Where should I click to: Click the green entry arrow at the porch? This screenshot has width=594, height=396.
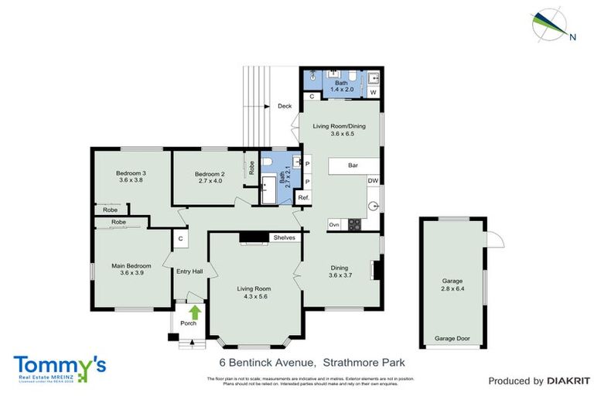(195, 312)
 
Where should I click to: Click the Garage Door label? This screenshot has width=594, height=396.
(452, 339)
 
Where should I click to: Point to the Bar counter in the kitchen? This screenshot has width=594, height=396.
(353, 165)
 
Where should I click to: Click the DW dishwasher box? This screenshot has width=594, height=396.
(373, 181)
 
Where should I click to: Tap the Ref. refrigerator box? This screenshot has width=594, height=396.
(305, 198)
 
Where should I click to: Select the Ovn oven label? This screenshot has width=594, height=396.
(334, 224)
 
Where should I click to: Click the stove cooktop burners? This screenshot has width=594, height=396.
(354, 224)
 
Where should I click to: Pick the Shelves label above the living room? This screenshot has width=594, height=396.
(283, 237)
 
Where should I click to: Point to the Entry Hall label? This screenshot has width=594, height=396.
(189, 271)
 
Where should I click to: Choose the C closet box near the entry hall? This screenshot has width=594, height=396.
(179, 239)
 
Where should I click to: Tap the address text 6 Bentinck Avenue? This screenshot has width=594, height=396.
(264, 362)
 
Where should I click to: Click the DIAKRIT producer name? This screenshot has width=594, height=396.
(568, 381)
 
